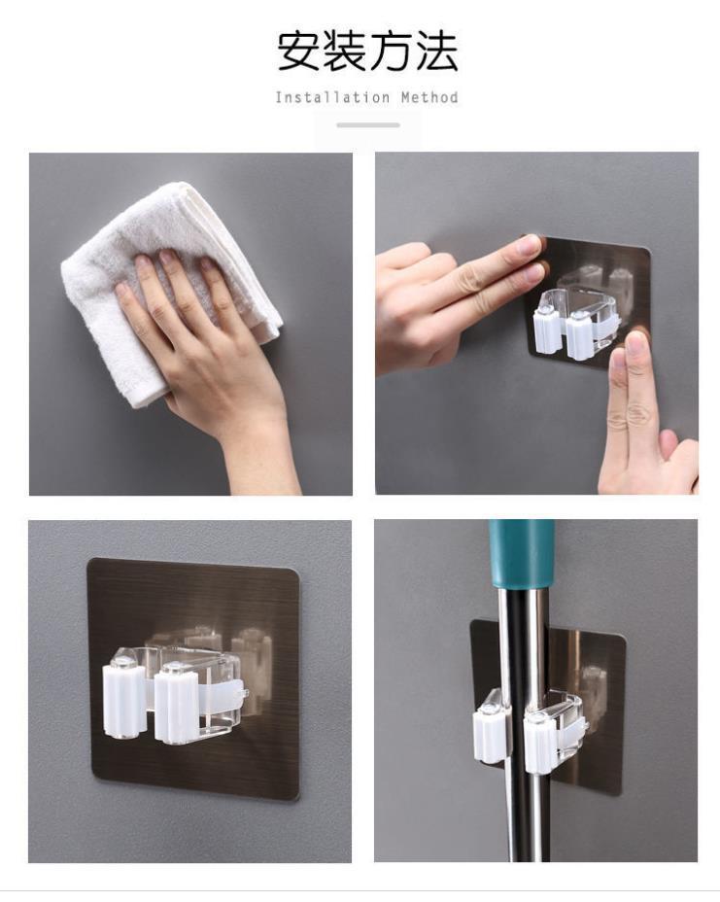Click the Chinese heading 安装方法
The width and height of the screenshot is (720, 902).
point(367,52)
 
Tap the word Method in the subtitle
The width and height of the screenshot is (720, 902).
point(429,97)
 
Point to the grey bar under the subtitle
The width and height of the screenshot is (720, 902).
point(368,124)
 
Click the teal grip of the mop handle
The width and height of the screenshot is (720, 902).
point(522,555)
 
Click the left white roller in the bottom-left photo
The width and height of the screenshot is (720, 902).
point(121,698)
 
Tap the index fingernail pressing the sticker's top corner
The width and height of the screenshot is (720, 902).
point(528,246)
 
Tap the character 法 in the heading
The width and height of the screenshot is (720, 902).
point(437,52)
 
